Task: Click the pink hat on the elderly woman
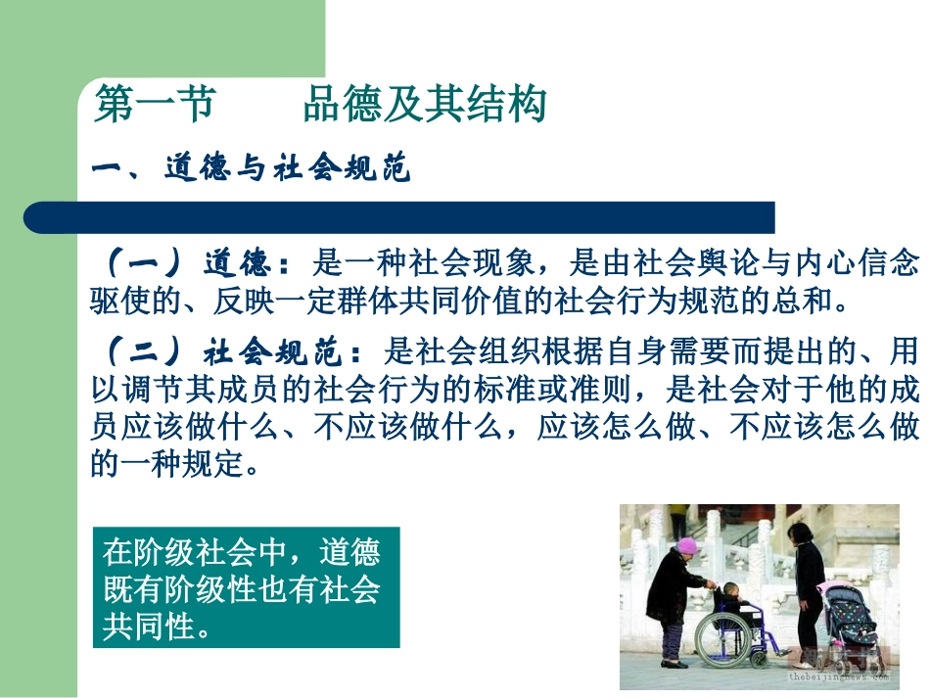point(687,545)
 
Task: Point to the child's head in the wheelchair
point(731,590)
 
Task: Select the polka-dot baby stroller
point(846,617)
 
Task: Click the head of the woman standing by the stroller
point(800,533)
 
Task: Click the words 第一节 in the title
point(154,106)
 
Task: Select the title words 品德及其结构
point(424,106)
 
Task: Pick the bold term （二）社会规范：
point(235,349)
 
